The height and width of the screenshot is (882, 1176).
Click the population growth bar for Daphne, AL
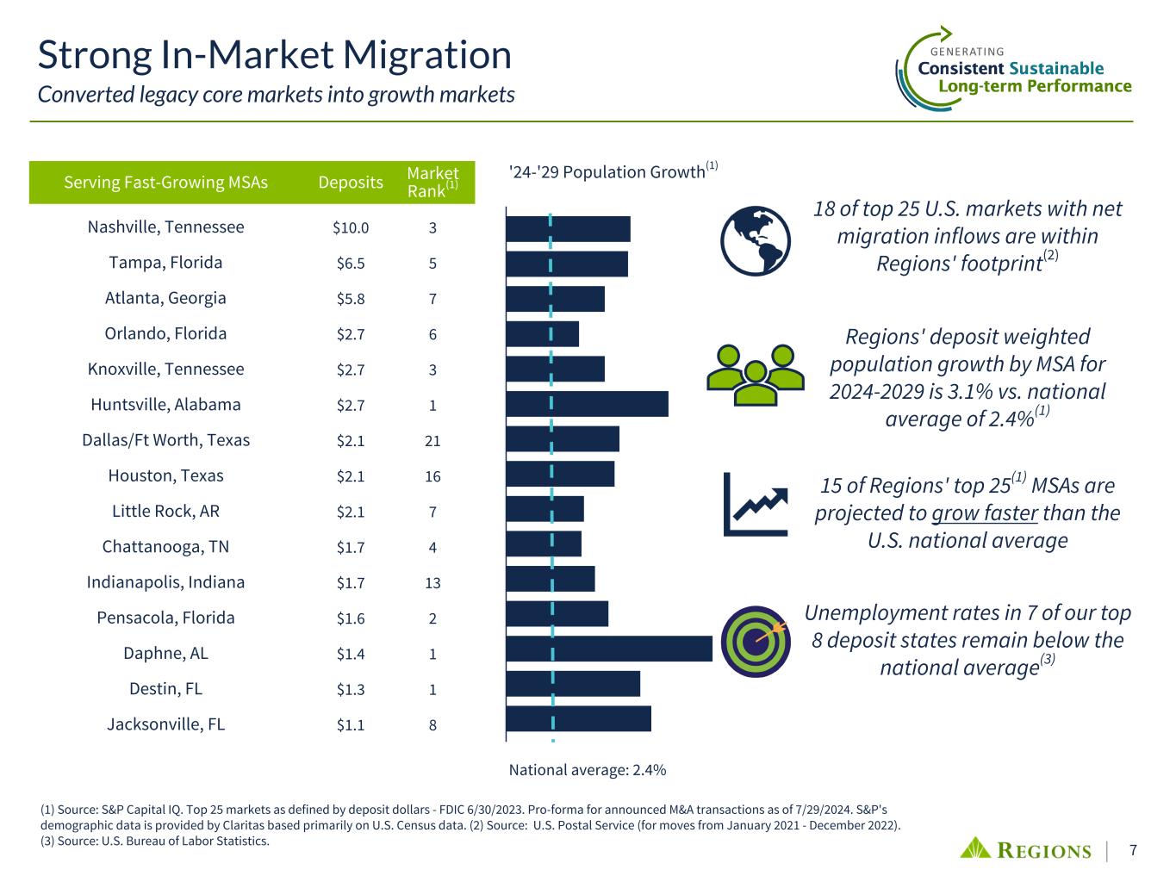(x=609, y=649)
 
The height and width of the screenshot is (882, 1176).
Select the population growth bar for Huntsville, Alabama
(x=587, y=404)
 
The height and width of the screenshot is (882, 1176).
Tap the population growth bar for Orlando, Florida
(x=542, y=333)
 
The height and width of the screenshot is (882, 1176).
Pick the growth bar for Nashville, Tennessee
(x=568, y=229)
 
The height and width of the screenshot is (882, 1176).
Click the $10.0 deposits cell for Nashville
(x=351, y=228)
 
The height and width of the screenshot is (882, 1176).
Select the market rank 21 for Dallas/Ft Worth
(x=432, y=441)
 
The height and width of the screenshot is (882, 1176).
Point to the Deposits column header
(x=351, y=182)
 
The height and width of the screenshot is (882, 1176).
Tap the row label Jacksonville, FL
(x=165, y=724)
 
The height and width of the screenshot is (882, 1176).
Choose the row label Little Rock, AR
(x=165, y=512)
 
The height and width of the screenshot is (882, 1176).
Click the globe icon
(x=755, y=241)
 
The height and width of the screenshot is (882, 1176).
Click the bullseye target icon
(x=755, y=643)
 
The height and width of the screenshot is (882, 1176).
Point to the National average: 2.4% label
(x=587, y=770)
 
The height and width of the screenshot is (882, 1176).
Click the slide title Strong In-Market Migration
(x=275, y=55)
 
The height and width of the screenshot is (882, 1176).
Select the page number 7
(x=1134, y=851)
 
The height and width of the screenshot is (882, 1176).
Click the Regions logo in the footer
(x=1025, y=849)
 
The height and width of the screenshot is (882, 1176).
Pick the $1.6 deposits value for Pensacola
(x=351, y=618)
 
